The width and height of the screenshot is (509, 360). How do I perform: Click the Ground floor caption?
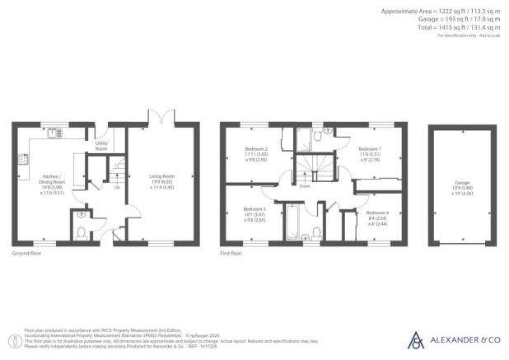click(x=29, y=253)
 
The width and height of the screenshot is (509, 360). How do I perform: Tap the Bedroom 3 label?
click(x=243, y=215)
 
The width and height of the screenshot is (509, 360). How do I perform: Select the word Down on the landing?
click(x=305, y=185)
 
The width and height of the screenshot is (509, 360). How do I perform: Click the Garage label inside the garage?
click(x=462, y=185)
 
